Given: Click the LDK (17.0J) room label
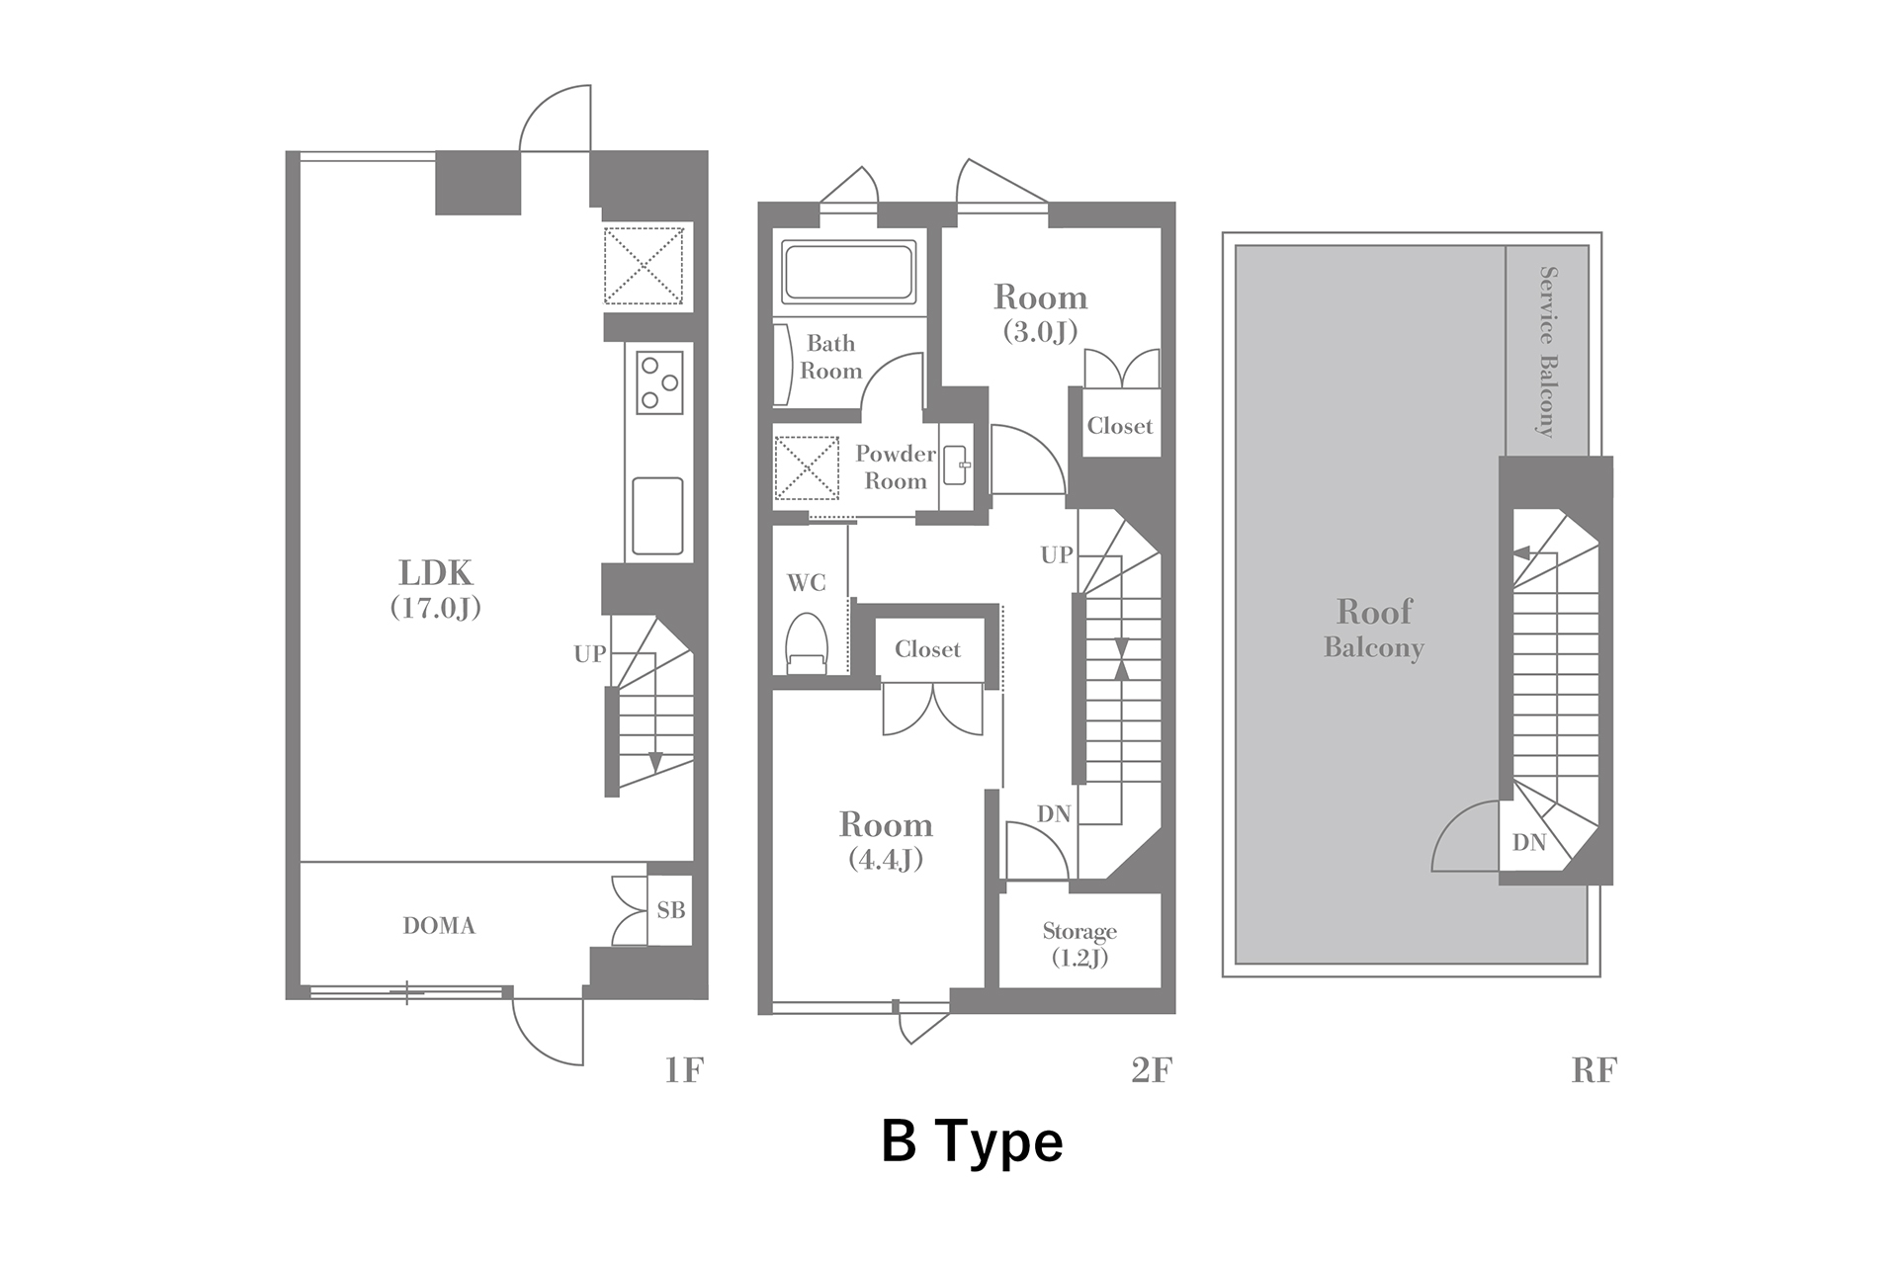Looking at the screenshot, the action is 436,588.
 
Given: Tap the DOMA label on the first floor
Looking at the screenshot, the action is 439,926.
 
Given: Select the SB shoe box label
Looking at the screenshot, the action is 671,910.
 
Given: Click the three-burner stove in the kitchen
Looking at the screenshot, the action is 659,381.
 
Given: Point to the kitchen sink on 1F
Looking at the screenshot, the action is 657,517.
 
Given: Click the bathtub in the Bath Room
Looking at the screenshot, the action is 848,272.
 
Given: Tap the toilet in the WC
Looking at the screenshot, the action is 807,643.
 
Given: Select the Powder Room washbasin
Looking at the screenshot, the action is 956,465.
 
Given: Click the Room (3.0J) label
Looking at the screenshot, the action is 1040,312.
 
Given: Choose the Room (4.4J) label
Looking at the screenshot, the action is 886,840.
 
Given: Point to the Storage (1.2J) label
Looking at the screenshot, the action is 1079,944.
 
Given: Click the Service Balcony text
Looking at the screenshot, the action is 1547,351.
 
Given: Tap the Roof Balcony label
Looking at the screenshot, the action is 1374,628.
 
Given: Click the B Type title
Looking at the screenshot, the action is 972,1141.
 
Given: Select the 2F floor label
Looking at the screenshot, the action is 1152,1070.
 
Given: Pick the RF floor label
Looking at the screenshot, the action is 1594,1070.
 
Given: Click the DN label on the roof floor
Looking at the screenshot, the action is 1529,842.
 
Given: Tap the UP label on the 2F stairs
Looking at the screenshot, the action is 1057,555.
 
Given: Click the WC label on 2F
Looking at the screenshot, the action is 807,583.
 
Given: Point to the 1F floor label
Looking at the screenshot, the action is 684,1070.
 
